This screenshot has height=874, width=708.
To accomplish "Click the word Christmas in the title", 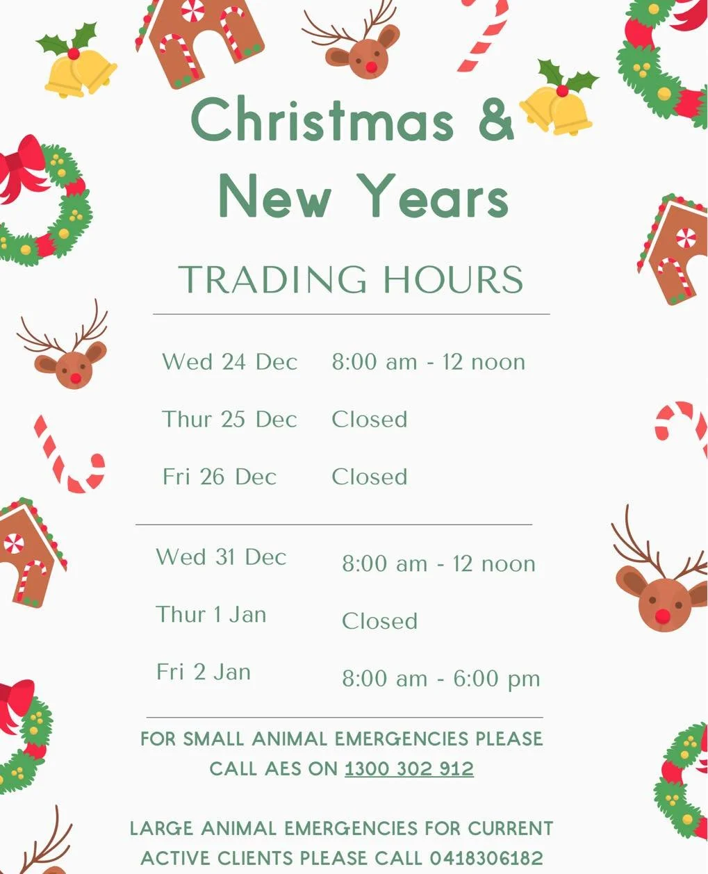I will pyautogui.click(x=322, y=119).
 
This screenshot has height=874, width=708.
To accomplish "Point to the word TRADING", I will pyautogui.click(x=272, y=279).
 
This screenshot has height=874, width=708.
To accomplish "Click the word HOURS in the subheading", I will pyautogui.click(x=452, y=279).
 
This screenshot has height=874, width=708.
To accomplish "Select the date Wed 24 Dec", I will pyautogui.click(x=229, y=362).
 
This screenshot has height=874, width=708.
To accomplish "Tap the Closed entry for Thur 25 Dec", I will pyautogui.click(x=369, y=420).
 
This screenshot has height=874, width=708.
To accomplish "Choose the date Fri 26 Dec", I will pyautogui.click(x=220, y=477).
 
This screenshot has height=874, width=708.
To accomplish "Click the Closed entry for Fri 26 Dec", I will pyautogui.click(x=369, y=477).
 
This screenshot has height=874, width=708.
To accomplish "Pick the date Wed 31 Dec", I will pyautogui.click(x=221, y=557).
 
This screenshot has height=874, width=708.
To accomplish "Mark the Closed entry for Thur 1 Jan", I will pyautogui.click(x=379, y=621).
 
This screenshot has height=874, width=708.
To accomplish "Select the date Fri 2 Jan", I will pyautogui.click(x=204, y=673).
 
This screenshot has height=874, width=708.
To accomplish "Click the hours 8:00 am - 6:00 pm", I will pyautogui.click(x=441, y=679).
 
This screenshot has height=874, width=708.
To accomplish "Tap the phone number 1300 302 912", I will pyautogui.click(x=409, y=769).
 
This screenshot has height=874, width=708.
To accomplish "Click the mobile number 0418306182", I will pyautogui.click(x=486, y=858).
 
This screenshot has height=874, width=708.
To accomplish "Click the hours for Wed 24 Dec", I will pyautogui.click(x=428, y=362).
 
